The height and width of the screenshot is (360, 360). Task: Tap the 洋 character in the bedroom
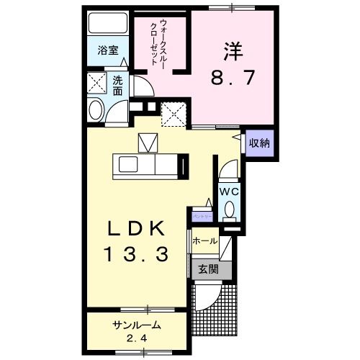point(233,50)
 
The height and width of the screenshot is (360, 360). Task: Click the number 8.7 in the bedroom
point(233,76)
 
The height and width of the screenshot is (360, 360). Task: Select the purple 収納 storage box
point(259,143)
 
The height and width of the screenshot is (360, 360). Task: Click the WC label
point(229,192)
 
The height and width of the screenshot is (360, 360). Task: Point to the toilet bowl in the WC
point(229,210)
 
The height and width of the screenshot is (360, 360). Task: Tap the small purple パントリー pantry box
point(201,215)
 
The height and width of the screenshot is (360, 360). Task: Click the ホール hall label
point(204,241)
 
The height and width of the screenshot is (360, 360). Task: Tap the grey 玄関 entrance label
point(208,269)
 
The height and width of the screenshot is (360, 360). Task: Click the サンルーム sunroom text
point(136,325)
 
